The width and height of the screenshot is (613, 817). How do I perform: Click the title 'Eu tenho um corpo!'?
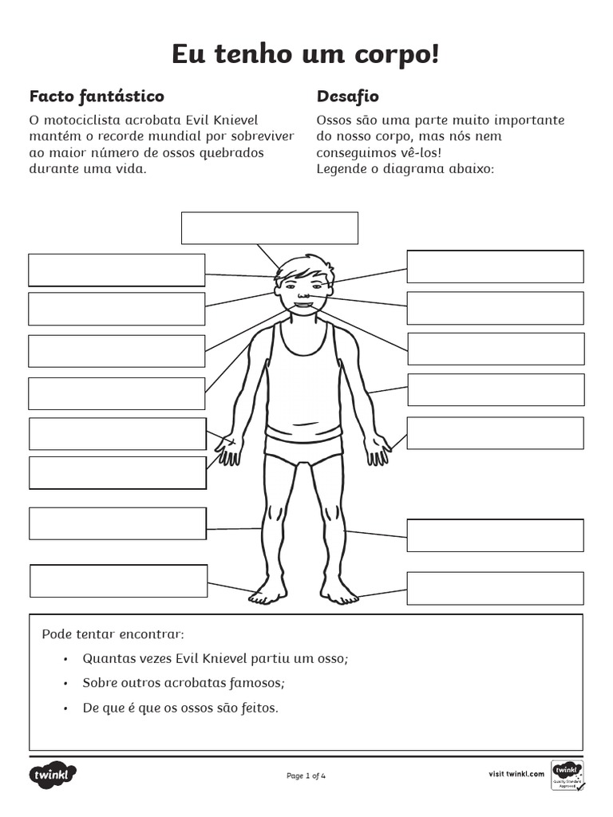(x=306, y=55)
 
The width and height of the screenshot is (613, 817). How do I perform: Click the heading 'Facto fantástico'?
(x=97, y=97)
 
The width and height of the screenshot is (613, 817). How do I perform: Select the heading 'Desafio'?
(x=347, y=97)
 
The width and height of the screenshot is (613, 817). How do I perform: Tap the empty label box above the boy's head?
(x=269, y=227)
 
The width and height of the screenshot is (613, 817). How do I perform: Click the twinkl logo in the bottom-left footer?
(x=53, y=774)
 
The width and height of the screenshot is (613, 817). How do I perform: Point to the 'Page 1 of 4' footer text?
(x=306, y=775)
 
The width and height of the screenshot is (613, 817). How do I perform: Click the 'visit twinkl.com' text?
(x=516, y=773)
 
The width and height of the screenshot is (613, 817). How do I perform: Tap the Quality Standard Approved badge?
(x=568, y=775)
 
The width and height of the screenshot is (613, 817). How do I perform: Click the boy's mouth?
(x=304, y=303)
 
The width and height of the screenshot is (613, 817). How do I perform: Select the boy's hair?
(x=303, y=267)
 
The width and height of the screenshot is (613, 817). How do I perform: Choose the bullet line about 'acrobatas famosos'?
(x=184, y=684)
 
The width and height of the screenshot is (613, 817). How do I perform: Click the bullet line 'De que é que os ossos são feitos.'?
(x=180, y=708)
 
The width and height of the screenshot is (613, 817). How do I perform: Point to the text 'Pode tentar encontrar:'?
(x=113, y=634)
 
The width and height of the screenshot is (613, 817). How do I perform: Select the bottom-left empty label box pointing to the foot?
(x=118, y=580)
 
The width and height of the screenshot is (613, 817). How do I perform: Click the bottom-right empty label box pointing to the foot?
(x=495, y=588)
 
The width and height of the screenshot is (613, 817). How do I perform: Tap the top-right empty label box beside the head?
(x=495, y=266)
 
